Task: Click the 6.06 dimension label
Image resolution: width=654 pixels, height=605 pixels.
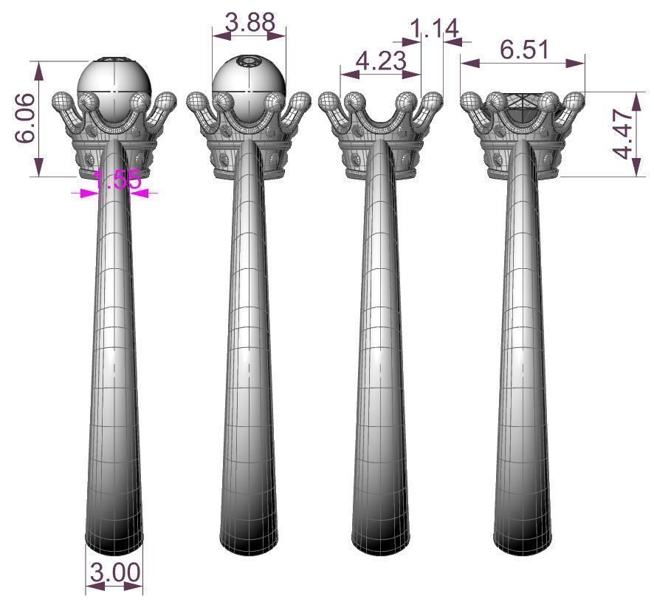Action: click(x=23, y=119)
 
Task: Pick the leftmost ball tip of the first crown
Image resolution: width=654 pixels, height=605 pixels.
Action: click(x=62, y=101)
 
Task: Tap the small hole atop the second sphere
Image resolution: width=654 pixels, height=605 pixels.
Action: click(x=249, y=61)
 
